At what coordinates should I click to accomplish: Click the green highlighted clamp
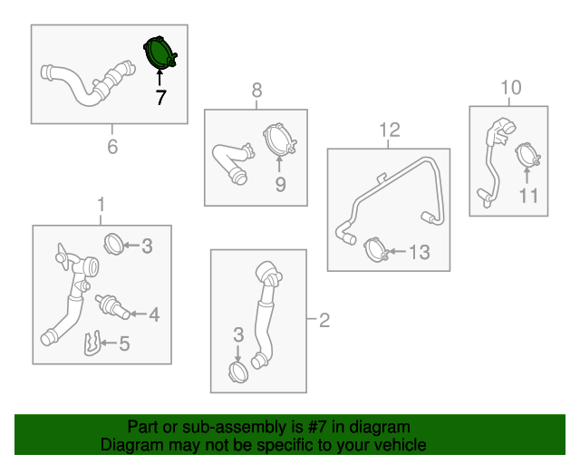[159, 53]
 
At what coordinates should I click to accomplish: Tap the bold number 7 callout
[160, 97]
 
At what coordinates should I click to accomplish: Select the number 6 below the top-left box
[112, 147]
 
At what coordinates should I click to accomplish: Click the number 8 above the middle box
[256, 90]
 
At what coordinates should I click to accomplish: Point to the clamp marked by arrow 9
[280, 140]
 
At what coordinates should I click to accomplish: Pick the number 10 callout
[511, 88]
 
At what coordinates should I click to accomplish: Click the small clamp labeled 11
[527, 155]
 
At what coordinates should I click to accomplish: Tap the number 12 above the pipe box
[390, 130]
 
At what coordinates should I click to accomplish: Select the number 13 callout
[420, 252]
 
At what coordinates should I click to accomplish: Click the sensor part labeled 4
[112, 306]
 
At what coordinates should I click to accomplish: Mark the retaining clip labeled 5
[92, 343]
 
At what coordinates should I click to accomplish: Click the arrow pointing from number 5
[109, 343]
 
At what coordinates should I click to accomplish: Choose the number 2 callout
[324, 320]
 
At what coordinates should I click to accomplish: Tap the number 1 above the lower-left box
[101, 205]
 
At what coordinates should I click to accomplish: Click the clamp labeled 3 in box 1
[114, 244]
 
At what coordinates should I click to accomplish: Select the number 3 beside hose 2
[238, 335]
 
